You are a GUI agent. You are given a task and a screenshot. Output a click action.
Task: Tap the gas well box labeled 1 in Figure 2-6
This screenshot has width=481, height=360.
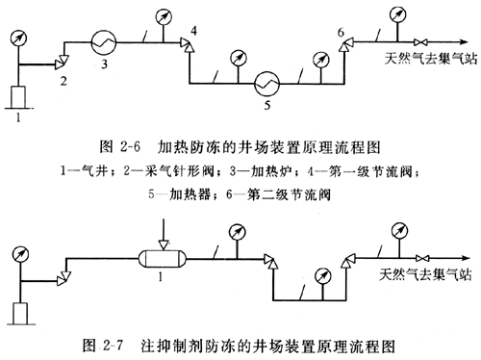point(18,97)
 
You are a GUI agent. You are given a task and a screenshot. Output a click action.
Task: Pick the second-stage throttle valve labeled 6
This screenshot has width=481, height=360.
point(345,44)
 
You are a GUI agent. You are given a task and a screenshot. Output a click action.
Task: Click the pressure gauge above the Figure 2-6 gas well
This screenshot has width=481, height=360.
point(18,38)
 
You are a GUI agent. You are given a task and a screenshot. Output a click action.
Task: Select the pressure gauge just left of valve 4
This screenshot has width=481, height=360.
point(164,17)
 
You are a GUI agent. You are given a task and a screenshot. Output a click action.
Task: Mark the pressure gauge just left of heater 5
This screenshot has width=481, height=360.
point(239,59)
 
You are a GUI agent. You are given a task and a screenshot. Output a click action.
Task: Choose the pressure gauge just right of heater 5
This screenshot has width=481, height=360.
point(321,60)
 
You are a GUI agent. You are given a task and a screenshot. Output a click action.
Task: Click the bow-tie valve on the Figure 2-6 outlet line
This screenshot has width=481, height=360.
point(420,42)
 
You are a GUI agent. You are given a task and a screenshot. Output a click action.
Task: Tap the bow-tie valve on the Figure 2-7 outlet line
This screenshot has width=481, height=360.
point(422,258)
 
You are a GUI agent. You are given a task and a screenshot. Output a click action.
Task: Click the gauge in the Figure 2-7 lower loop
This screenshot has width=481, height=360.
point(323,276)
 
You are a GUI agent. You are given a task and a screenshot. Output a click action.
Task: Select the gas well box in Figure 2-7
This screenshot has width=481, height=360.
point(20,314)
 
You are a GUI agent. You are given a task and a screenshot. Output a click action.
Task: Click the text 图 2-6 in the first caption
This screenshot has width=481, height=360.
point(120,147)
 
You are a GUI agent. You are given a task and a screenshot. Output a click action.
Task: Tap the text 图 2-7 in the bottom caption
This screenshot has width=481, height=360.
point(103,346)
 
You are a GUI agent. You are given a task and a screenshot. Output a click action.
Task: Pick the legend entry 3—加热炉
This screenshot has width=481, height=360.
point(261,171)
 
